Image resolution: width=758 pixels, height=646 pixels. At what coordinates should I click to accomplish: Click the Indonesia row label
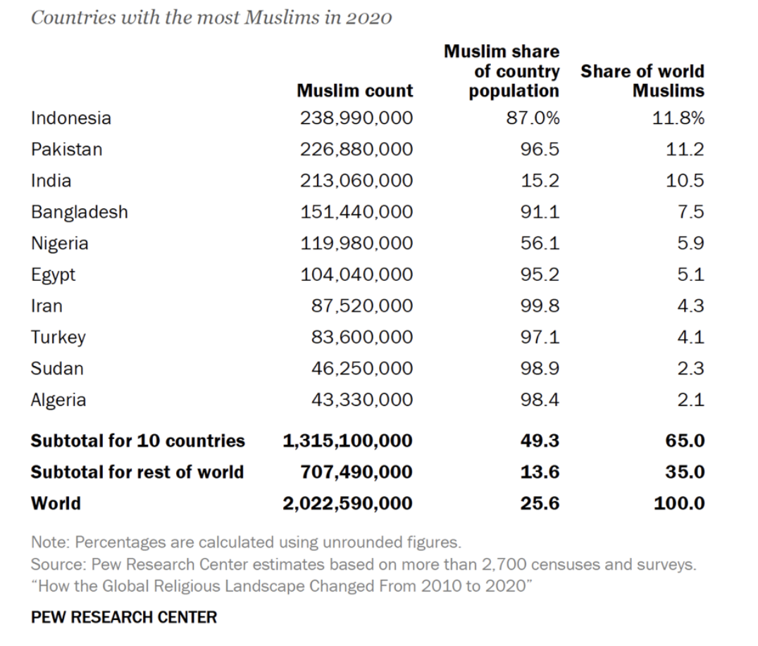(70, 118)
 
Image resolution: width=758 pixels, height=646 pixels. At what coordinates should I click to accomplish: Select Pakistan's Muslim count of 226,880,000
(356, 150)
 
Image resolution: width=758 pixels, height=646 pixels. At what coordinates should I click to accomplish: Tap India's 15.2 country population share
(540, 181)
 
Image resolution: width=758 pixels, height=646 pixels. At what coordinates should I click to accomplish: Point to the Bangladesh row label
(79, 212)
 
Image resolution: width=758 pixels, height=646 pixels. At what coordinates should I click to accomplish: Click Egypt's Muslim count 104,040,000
(356, 274)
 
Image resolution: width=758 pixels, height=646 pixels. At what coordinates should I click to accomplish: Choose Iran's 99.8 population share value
(540, 306)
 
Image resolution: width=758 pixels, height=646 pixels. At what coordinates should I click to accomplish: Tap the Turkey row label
(58, 337)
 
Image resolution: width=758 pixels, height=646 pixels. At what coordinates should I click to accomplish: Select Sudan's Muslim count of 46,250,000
(362, 369)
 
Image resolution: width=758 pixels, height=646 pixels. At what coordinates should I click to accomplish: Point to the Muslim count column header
(355, 91)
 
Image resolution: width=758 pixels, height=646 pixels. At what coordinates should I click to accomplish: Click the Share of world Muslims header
(642, 81)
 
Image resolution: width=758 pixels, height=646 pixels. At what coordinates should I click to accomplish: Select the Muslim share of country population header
(502, 71)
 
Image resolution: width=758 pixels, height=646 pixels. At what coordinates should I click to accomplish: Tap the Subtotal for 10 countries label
(137, 441)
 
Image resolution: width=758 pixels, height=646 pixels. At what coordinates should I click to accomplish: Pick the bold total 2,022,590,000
(347, 503)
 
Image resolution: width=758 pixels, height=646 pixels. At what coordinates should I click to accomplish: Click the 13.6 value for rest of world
(540, 472)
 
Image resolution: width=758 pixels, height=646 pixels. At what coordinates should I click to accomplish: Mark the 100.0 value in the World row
(679, 503)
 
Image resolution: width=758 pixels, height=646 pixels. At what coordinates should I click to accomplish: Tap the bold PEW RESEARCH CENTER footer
(124, 617)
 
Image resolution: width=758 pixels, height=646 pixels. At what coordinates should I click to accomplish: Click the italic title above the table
(211, 18)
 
